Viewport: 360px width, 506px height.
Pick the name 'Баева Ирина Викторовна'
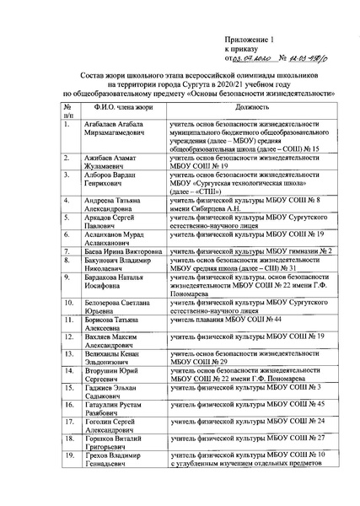click(121, 250)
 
